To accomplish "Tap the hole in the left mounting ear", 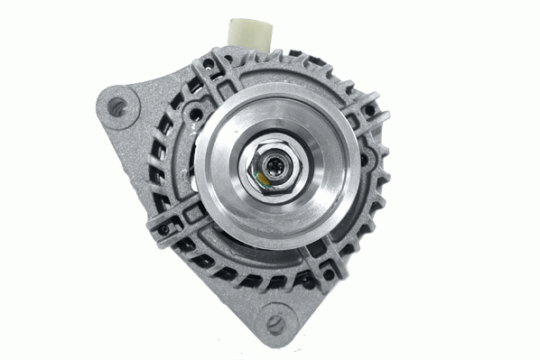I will click(x=116, y=106).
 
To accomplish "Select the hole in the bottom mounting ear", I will click(x=275, y=321).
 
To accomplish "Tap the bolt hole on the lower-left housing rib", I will click(x=164, y=228).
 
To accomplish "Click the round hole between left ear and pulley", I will click(x=192, y=116).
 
